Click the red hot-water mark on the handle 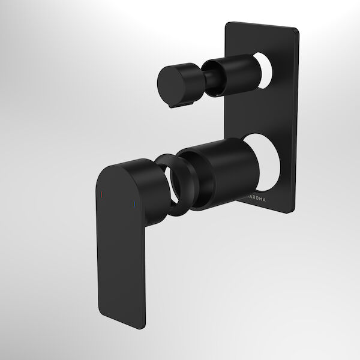(x=101, y=194)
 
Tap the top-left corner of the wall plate (x=227, y=25)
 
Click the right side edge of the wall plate (x=296, y=120)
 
